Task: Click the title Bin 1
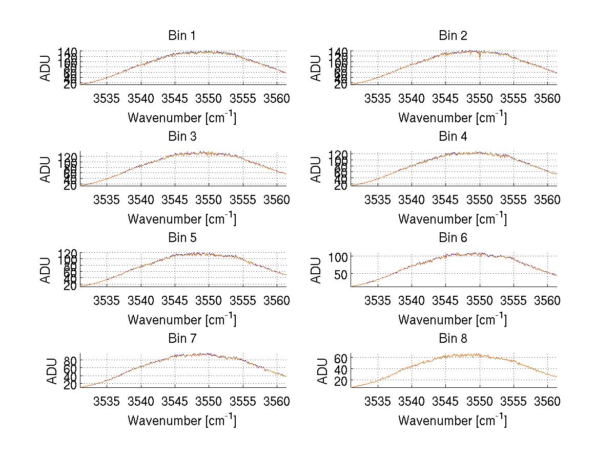tap(181, 36)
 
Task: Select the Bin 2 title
tap(453, 36)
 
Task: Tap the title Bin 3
tap(181, 137)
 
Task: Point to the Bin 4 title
tap(453, 137)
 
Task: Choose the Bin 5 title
tap(181, 238)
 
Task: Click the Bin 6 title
tap(453, 238)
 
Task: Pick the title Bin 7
tap(181, 339)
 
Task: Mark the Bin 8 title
tap(453, 339)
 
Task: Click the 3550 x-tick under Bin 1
tap(209, 98)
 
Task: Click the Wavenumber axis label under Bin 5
tap(181, 320)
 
